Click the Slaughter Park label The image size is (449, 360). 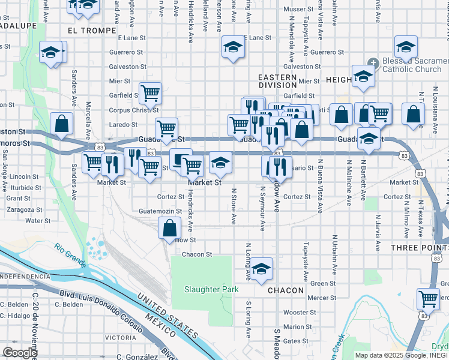pyautogui.click(x=211, y=290)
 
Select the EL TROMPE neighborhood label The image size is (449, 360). pyautogui.click(x=92, y=30)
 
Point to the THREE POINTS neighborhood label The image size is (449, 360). pyautogui.click(x=419, y=248)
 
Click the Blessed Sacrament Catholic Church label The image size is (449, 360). pyautogui.click(x=414, y=65)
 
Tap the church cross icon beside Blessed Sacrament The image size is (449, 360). pyautogui.click(x=373, y=62)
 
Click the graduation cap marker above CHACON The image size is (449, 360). pyautogui.click(x=261, y=269)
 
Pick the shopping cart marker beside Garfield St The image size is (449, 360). pyautogui.click(x=150, y=93)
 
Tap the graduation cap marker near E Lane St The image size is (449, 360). pyautogui.click(x=232, y=47)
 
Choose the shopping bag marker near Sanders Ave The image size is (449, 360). pyautogui.click(x=61, y=124)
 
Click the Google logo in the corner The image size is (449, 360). pyautogui.click(x=20, y=353)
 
